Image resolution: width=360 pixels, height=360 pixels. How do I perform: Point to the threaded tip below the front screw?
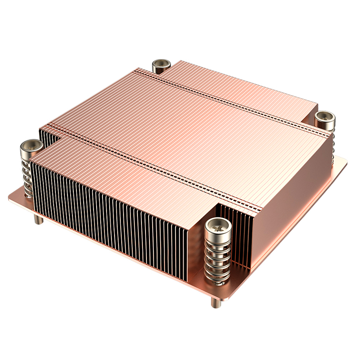click(x=215, y=303)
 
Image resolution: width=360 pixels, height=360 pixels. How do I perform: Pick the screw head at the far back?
click(x=161, y=66)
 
